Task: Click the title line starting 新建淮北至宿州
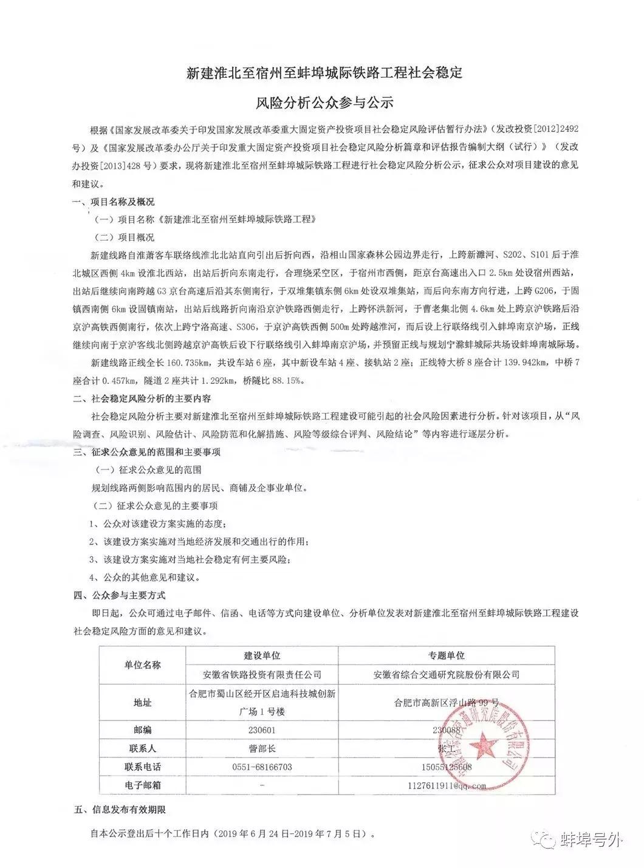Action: (x=324, y=73)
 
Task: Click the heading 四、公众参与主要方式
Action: (x=119, y=595)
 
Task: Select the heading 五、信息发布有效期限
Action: (x=119, y=810)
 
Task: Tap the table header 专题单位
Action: (x=447, y=655)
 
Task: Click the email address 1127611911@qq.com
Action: (x=447, y=785)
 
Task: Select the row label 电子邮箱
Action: (x=142, y=785)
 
